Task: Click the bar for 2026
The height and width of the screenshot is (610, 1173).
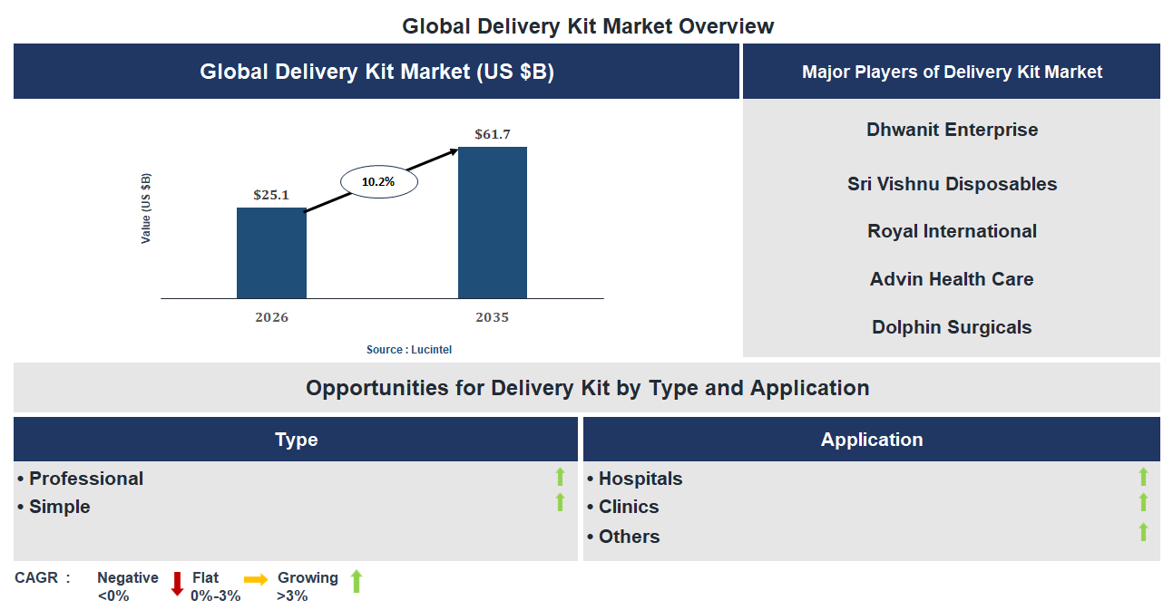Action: (271, 253)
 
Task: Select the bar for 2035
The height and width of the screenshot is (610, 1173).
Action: (492, 223)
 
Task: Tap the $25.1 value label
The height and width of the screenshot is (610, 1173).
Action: (271, 194)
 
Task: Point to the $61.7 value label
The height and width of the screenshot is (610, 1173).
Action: (493, 134)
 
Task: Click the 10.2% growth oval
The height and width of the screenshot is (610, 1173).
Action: (378, 181)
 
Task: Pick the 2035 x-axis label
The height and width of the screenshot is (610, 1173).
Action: (492, 317)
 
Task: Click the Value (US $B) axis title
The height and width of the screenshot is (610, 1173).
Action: (146, 208)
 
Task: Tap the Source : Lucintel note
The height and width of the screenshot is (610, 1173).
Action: (408, 350)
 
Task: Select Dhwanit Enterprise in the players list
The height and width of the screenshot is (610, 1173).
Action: (952, 130)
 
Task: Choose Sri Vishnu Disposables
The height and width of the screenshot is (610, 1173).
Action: (952, 184)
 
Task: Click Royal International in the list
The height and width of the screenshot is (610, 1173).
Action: (952, 231)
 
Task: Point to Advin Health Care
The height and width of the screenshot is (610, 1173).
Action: (952, 279)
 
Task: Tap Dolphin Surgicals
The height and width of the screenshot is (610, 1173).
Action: (952, 327)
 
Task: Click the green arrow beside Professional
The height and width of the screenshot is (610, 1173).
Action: (560, 476)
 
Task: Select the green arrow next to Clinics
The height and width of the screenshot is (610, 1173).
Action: (1143, 502)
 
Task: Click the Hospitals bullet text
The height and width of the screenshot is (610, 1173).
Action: (640, 479)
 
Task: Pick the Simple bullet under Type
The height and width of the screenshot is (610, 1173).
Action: (59, 507)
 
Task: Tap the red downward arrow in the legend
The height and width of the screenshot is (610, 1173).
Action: (177, 583)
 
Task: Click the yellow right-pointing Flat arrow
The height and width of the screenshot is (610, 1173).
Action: (256, 580)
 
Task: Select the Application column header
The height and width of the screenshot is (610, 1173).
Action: (872, 440)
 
